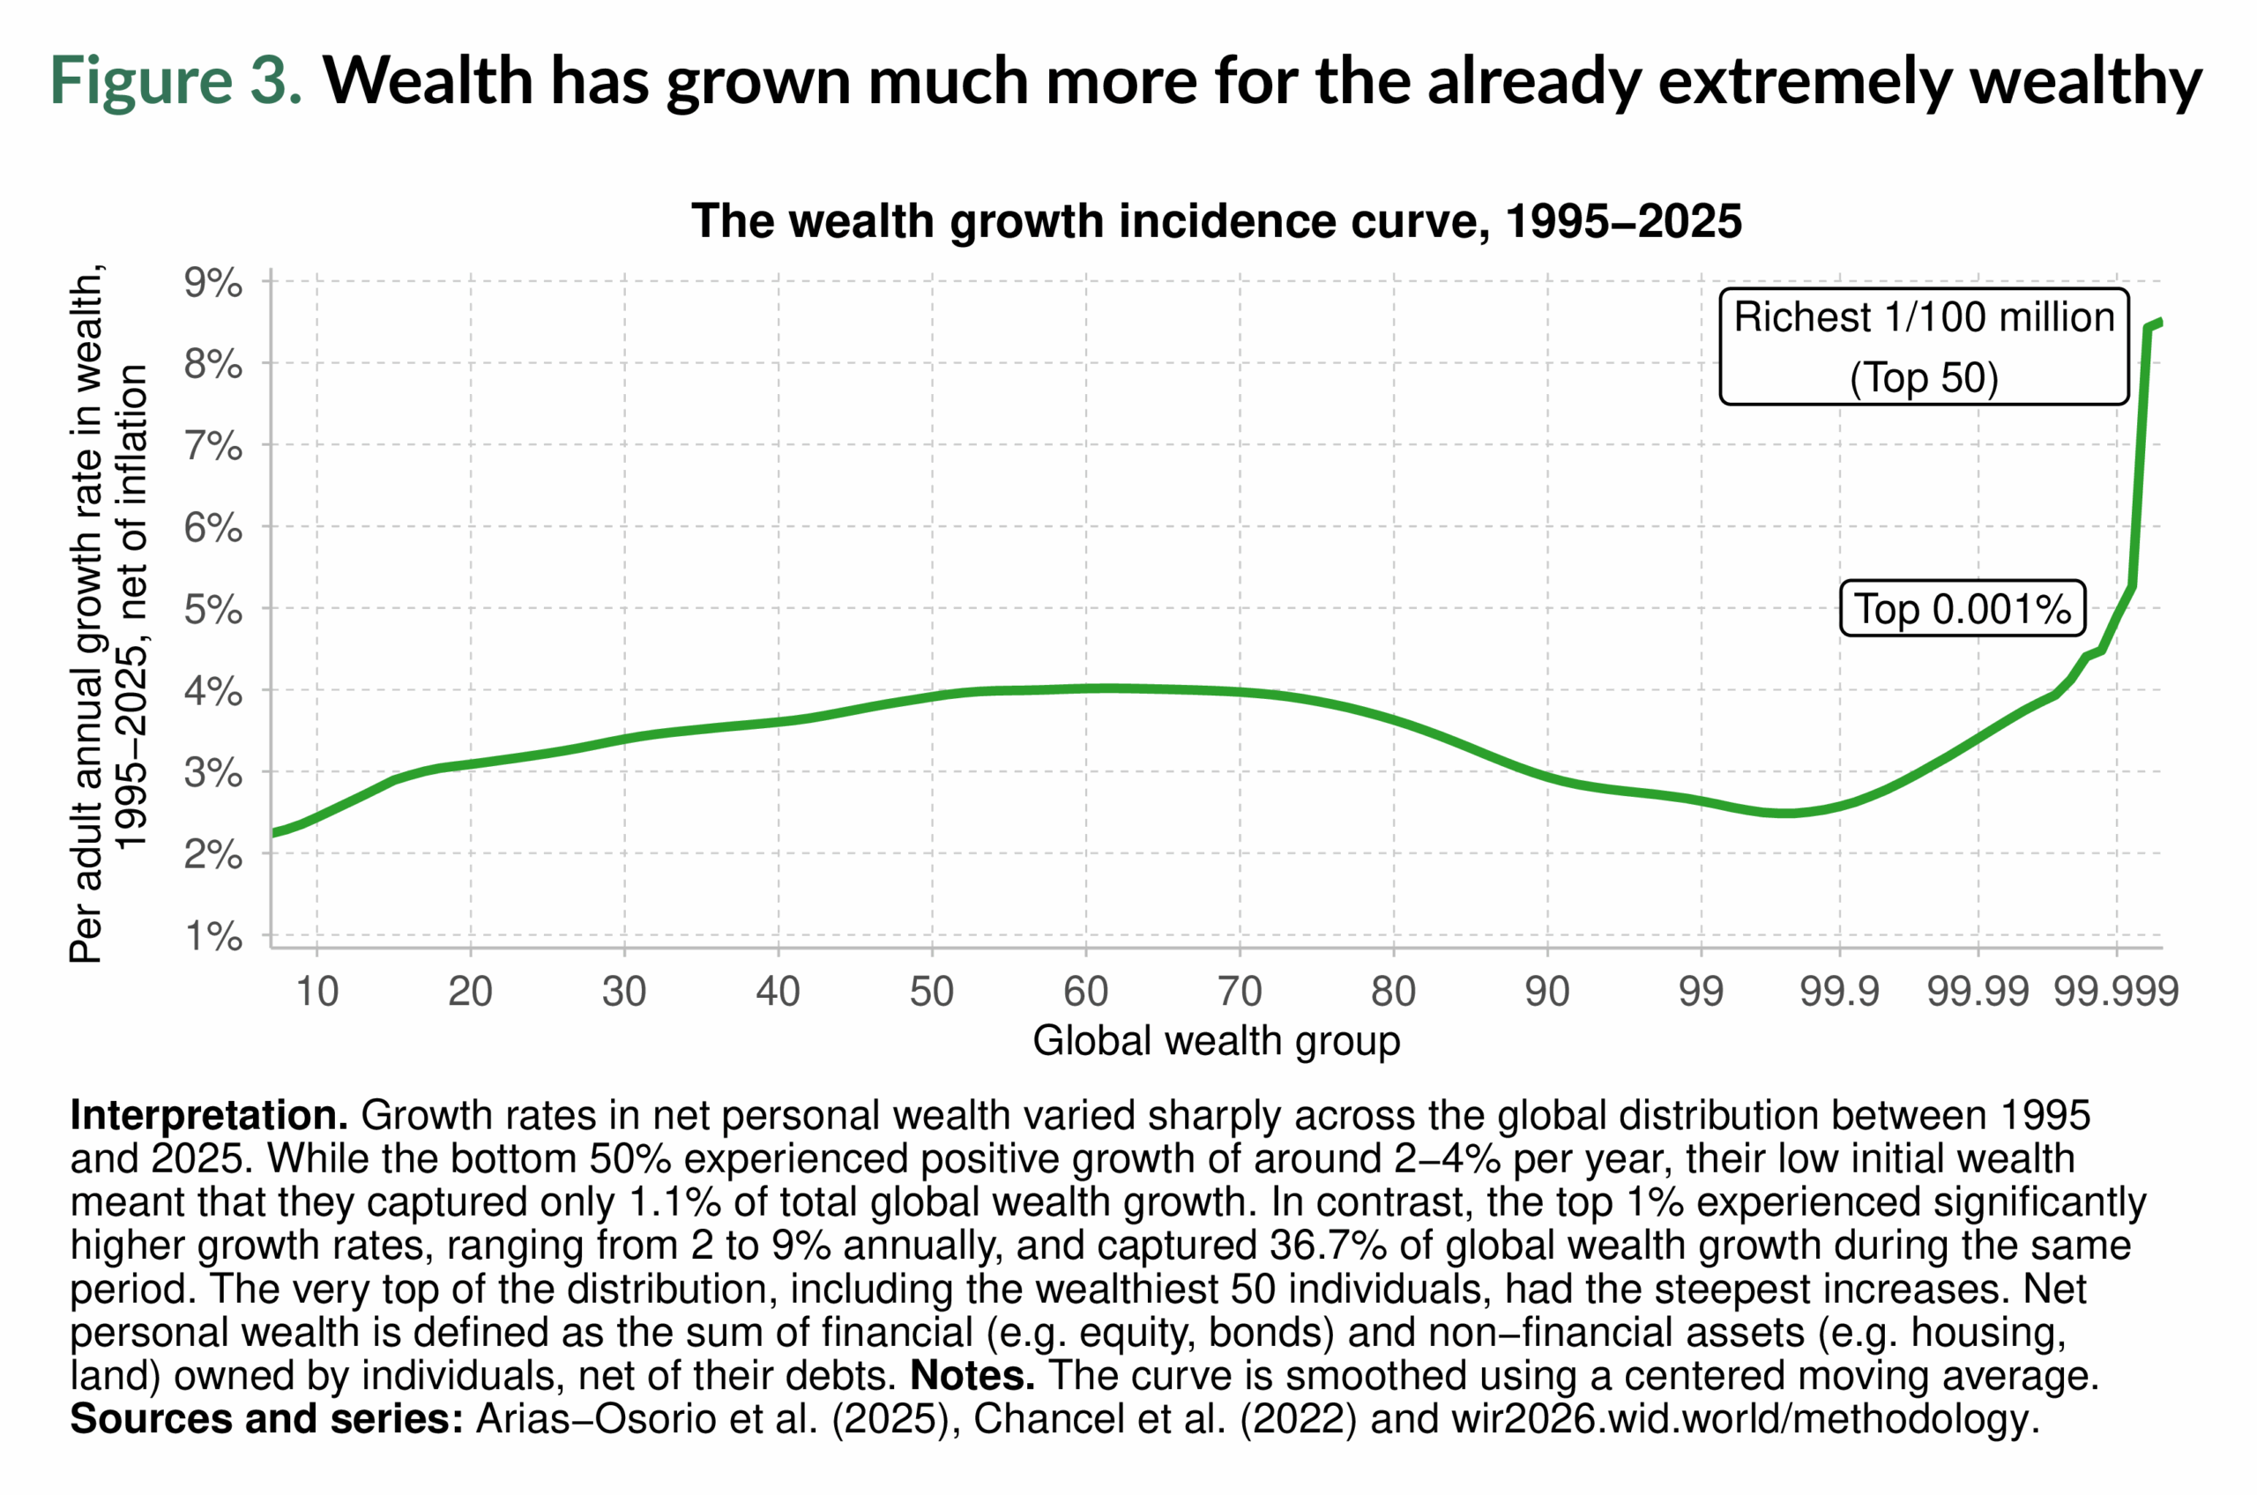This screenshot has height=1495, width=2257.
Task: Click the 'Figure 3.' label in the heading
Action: [x=175, y=80]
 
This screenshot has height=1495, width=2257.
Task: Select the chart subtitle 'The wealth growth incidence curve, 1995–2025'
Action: [x=1216, y=221]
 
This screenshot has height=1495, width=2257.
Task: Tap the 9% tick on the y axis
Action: [x=212, y=283]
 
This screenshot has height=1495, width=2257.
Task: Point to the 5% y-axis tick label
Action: [x=212, y=609]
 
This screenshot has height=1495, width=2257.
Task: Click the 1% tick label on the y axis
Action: [x=212, y=936]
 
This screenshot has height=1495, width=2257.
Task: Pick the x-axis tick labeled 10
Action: [x=317, y=993]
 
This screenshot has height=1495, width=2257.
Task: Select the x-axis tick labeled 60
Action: [x=1085, y=993]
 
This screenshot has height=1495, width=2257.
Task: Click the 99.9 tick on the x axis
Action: [x=1838, y=993]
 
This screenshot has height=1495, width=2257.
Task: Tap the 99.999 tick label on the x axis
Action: [x=2116, y=993]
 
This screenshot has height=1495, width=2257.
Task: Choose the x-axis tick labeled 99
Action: [x=1701, y=993]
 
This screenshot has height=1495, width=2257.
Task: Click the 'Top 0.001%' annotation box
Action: [x=1962, y=609]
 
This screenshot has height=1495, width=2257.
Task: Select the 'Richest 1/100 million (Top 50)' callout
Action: [x=1923, y=347]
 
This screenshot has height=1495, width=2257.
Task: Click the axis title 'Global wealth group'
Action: [x=1216, y=1041]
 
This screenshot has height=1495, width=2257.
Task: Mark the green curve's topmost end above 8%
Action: [x=2159, y=323]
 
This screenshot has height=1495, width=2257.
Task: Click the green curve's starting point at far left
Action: [x=274, y=832]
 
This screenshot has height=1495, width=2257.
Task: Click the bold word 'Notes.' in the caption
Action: [x=972, y=1376]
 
